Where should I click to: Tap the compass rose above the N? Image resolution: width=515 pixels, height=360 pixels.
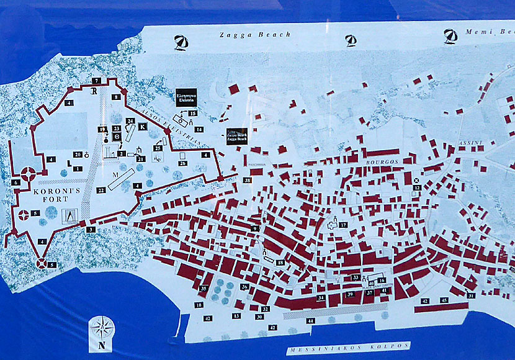click(x=102, y=328)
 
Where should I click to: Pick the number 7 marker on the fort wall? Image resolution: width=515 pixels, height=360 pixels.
click(x=96, y=81)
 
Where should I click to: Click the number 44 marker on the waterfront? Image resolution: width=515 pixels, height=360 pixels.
click(x=310, y=321)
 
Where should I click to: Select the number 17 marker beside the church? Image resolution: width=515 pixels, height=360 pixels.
click(x=343, y=225)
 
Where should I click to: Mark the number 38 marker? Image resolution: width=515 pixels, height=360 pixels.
click(x=248, y=181)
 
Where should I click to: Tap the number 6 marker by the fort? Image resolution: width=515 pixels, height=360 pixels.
click(x=16, y=182)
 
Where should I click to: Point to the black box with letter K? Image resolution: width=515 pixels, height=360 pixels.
click(x=143, y=127)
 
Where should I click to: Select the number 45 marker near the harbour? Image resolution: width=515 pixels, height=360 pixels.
click(x=444, y=300)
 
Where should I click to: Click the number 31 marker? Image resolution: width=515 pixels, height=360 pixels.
click(x=472, y=295)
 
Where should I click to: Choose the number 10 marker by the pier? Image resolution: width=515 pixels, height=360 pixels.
click(x=199, y=305)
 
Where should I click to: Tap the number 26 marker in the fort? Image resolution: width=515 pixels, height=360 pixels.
click(x=182, y=163)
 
